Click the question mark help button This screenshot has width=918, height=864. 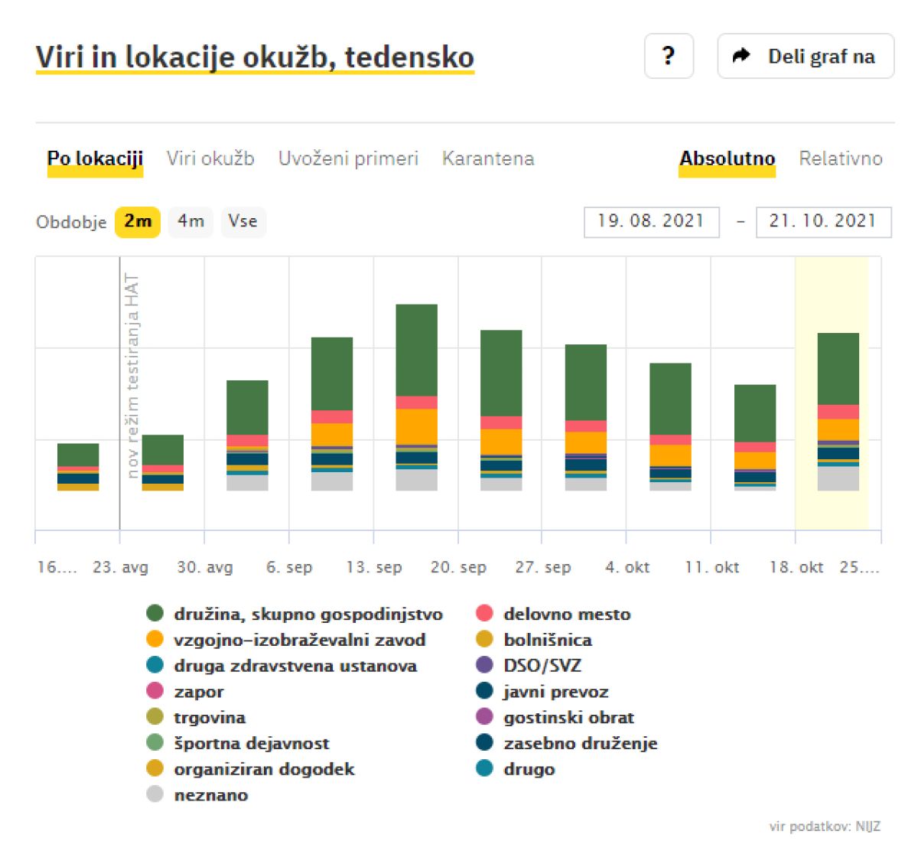pos(669,56)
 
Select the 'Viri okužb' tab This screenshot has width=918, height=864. pos(210,158)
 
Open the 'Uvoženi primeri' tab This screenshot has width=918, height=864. pos(348,158)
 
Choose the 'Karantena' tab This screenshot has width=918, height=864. pos(488,158)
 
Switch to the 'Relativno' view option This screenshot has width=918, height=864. pos(840,158)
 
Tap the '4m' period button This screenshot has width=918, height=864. pos(190,221)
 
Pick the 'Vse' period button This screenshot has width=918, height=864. pos(243,221)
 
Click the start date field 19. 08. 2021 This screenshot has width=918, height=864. pos(651,221)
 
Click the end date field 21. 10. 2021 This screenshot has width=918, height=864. pos(823,221)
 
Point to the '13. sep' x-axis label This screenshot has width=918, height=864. pos(374,567)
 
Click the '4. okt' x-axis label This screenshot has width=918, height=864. pos(627,567)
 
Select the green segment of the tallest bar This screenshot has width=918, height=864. pos(417,350)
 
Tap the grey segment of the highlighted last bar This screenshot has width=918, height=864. pos(838,478)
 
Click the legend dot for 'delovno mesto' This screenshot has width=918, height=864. pos(484,613)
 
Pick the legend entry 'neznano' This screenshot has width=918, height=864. pos(210,794)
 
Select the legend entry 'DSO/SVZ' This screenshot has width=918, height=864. pos(542,665)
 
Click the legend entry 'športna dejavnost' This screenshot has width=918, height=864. pos(251,743)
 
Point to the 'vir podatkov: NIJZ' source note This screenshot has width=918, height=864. pos(825,827)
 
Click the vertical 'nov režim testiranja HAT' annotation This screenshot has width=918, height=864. pos(133,376)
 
